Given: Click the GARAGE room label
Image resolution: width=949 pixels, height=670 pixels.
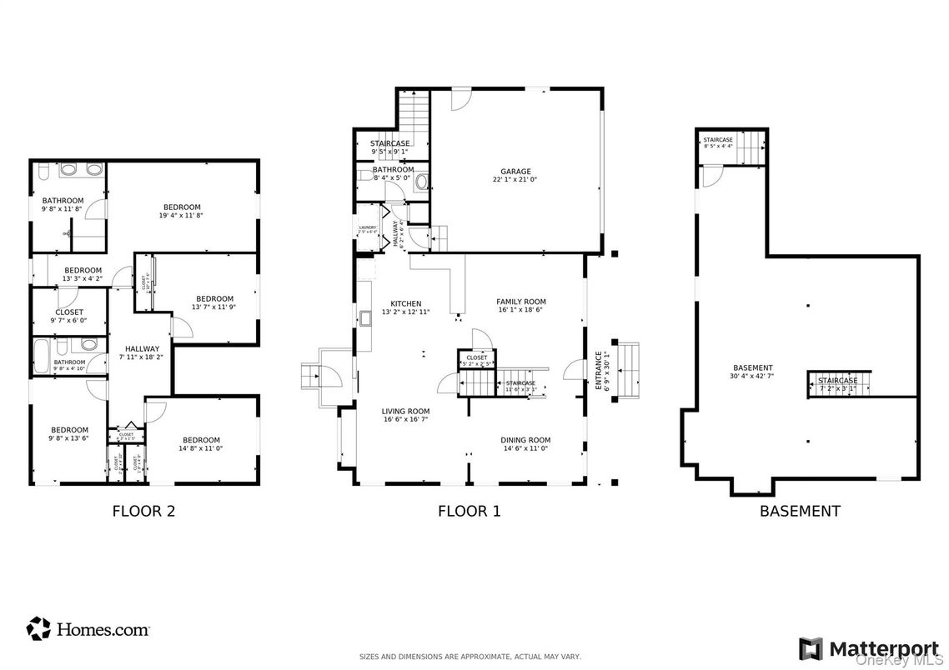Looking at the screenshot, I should [515, 172].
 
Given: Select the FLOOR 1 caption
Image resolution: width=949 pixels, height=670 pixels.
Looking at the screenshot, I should [469, 511].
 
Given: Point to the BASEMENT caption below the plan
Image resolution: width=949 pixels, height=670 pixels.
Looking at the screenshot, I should [799, 511].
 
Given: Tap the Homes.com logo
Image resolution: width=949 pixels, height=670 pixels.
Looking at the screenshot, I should [88, 629].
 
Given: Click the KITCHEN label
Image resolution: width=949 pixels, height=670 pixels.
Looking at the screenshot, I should [406, 303].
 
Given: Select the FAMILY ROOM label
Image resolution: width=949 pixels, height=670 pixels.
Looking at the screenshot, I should [520, 302].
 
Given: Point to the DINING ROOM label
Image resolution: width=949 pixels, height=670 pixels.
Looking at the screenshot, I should [525, 440].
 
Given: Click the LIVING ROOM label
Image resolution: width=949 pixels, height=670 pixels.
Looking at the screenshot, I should [405, 411].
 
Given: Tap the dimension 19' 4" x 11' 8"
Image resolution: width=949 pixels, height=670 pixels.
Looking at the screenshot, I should [182, 215].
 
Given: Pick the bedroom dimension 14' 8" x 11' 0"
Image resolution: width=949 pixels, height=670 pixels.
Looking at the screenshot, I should [201, 448].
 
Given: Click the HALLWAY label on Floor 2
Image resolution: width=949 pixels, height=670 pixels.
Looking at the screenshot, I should [143, 349].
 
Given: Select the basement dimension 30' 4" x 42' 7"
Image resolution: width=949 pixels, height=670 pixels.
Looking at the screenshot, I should [752, 376].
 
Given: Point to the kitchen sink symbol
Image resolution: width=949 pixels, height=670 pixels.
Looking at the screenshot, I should [365, 317].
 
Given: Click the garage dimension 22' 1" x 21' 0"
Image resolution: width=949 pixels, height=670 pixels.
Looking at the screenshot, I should [515, 179].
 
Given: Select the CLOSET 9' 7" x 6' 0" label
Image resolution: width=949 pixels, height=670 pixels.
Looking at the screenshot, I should [69, 316].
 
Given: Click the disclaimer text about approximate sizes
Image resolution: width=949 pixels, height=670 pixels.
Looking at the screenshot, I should [469, 657].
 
